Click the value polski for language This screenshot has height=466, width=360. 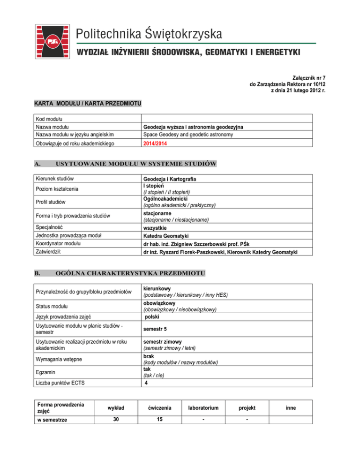click(154, 317)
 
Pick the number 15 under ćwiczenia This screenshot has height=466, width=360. click(162, 420)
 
